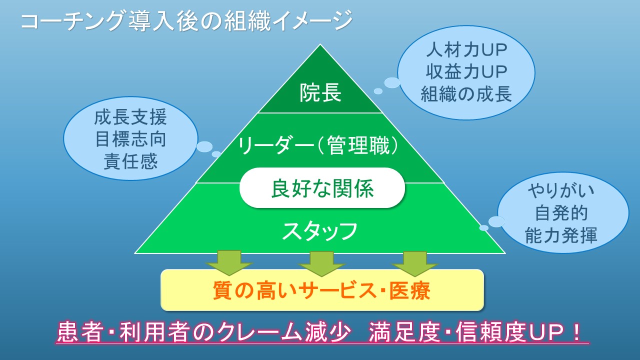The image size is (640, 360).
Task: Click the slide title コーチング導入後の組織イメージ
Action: (186, 21)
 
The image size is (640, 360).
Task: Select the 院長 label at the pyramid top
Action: (320, 92)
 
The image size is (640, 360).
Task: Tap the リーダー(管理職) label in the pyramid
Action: (318, 145)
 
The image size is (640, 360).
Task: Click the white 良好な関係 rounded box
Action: (322, 187)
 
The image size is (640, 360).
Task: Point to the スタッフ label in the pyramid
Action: (319, 231)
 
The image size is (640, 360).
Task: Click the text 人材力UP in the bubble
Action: (466, 49)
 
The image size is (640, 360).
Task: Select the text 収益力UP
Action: (466, 71)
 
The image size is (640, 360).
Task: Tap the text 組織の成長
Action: (466, 94)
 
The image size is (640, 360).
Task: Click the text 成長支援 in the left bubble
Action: (130, 117)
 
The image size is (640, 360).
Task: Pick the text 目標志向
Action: (130, 139)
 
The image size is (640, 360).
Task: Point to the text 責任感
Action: (130, 161)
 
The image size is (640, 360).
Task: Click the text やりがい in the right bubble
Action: (561, 191)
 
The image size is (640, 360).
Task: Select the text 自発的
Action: (561, 213)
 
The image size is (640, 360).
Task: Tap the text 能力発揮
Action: (561, 235)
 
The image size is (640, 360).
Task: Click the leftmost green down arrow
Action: (229, 263)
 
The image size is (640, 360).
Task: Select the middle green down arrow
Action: (321, 263)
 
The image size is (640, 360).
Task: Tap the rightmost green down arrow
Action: (414, 263)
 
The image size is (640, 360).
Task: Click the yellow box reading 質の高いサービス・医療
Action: (322, 290)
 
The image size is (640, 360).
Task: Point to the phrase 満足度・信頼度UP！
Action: (474, 332)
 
